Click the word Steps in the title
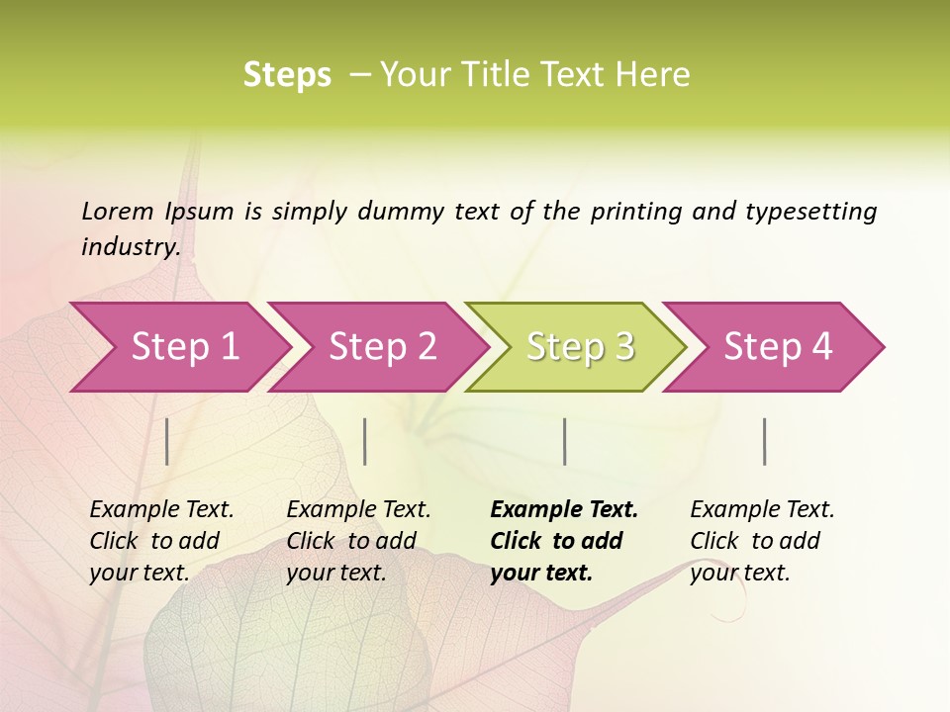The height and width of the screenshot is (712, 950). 287,75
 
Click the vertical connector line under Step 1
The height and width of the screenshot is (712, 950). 167,441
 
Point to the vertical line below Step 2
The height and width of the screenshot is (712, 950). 365,441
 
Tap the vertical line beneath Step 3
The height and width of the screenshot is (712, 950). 564,441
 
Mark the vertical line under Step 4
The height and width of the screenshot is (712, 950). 765,441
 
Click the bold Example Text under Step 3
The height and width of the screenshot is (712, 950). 564,541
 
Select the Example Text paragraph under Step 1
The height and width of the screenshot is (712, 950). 161,541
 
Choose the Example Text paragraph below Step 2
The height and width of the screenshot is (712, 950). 358,541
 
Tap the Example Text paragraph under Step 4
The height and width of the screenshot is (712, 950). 762,541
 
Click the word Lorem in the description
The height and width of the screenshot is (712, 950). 117,212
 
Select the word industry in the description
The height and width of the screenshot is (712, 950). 130,247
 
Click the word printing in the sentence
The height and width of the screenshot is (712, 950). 635,212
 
